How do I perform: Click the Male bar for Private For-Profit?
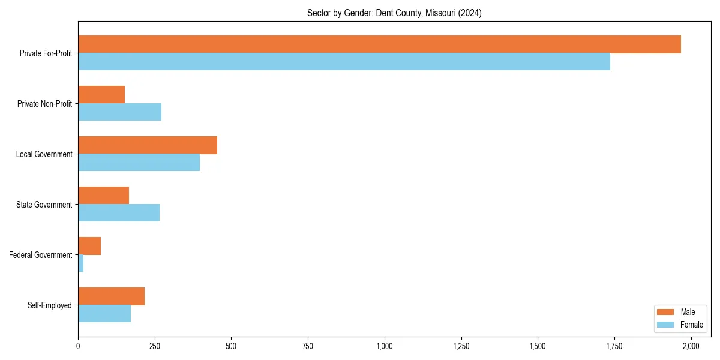(379, 44)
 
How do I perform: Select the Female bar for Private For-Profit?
(344, 62)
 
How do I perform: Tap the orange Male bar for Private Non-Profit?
(101, 95)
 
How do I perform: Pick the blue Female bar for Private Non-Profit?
(119, 112)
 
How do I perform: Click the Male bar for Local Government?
(148, 145)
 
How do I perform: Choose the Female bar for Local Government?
(139, 163)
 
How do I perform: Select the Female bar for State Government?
(119, 213)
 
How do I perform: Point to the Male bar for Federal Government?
(89, 246)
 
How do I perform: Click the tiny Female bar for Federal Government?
(81, 263)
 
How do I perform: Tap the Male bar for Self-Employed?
(111, 296)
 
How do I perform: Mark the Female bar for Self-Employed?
(104, 314)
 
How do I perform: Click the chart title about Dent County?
(394, 13)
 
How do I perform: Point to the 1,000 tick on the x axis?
(385, 346)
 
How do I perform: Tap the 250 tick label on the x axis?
(155, 346)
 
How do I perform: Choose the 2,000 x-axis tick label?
(691, 346)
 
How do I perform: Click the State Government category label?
(44, 205)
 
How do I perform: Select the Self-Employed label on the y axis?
(50, 305)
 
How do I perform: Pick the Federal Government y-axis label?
(41, 255)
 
